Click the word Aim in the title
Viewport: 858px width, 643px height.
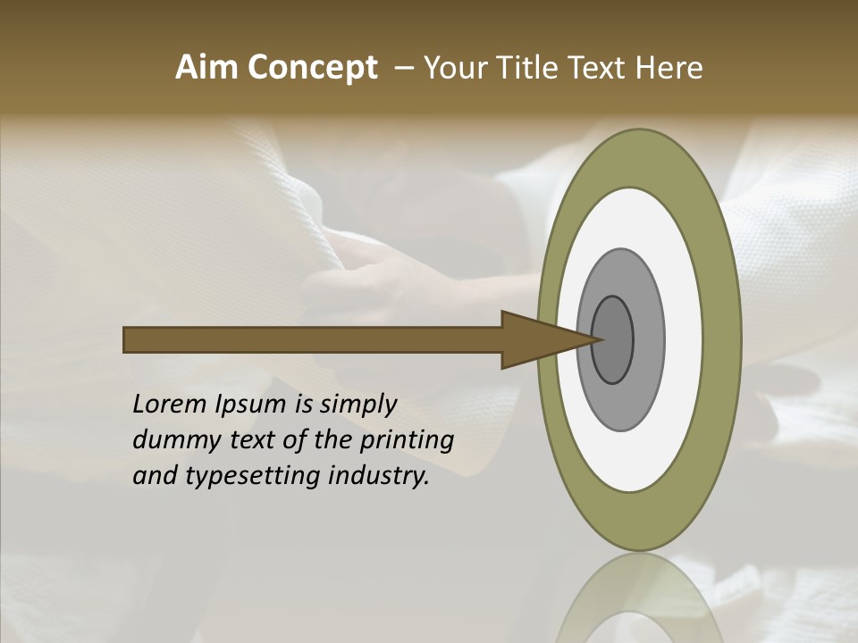pyautogui.click(x=206, y=68)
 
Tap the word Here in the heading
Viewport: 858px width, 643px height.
pyautogui.click(x=669, y=68)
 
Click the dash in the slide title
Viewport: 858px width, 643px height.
pyautogui.click(x=403, y=68)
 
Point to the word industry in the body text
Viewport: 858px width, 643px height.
pyautogui.click(x=379, y=476)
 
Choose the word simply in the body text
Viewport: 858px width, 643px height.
pyautogui.click(x=357, y=405)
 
